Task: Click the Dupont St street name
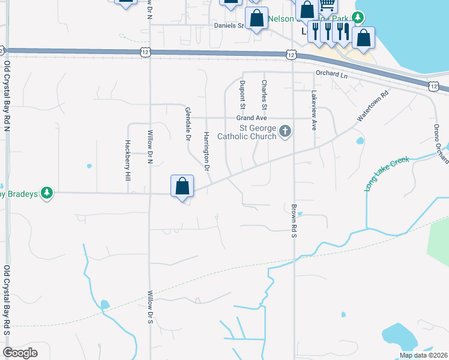[x=243, y=95]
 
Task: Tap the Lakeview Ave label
[x=313, y=111]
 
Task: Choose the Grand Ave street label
[x=251, y=118]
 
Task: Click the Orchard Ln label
[x=332, y=74]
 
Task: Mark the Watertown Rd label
[x=373, y=107]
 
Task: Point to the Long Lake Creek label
[x=387, y=174]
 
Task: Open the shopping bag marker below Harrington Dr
[x=182, y=187]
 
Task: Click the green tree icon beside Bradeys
[x=46, y=193]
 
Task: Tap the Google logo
[x=20, y=353]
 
